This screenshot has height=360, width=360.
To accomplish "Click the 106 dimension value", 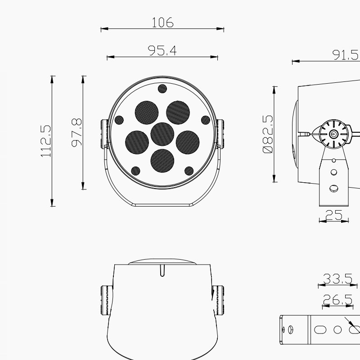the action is [162, 22].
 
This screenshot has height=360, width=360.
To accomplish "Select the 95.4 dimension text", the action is [162, 50].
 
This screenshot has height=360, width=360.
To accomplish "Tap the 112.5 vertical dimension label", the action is [45, 141].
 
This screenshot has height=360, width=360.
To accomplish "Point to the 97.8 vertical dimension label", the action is [76, 132].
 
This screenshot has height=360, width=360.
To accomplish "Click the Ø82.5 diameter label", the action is [268, 134].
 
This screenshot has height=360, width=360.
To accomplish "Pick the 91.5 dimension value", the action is [346, 55].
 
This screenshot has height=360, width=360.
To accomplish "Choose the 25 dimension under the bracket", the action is [334, 215].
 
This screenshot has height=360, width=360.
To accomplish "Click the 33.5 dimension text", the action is [337, 279].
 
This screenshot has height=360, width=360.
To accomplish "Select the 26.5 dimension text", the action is [337, 299].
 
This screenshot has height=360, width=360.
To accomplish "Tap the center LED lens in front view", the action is [162, 134].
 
